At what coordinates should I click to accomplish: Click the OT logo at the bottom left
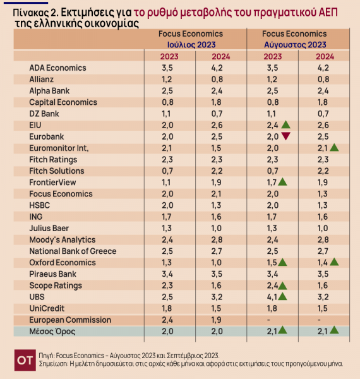point(25,360)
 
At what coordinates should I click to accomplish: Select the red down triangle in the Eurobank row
point(286,136)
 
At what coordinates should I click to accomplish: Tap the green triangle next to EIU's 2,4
point(286,124)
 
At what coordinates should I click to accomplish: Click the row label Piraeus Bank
point(52,274)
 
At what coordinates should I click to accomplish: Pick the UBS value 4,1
point(272,297)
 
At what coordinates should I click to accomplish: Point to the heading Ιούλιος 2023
point(191,45)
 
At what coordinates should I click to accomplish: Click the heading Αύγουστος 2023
point(295,45)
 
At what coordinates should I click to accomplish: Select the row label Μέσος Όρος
point(52,332)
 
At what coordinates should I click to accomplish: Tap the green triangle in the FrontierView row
point(282,182)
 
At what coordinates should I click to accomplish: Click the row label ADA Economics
point(57,68)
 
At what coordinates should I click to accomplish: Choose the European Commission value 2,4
point(167,320)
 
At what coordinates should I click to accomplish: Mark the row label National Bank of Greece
point(73,251)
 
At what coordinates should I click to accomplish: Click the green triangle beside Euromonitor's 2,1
point(334,147)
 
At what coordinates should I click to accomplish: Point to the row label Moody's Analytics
point(63,240)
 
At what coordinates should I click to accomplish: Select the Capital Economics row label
point(63,102)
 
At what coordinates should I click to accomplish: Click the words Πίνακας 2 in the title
point(35,13)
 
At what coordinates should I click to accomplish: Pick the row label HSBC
point(40,205)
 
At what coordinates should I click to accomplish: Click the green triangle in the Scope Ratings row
point(282,286)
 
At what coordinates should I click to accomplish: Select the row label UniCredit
point(47,308)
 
